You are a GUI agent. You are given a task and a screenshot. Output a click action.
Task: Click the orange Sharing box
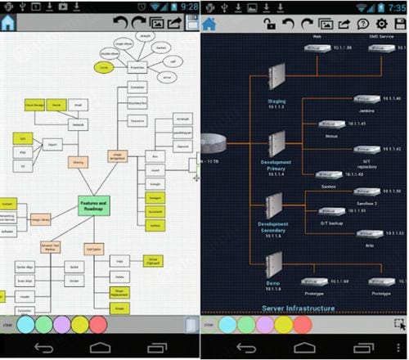click(x=79, y=163)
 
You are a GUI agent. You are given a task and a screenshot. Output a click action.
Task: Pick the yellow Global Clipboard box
click(x=153, y=261)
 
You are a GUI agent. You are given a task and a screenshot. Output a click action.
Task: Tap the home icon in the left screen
click(x=8, y=23)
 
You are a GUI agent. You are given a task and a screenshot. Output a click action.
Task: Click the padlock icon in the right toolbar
click(x=270, y=24)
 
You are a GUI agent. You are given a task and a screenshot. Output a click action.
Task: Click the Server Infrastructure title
click(x=298, y=308)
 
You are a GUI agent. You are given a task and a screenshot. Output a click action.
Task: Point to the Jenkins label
click(x=366, y=109)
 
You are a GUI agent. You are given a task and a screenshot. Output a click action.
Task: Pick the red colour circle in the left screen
click(x=97, y=324)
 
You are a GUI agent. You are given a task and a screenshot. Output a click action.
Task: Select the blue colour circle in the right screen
click(x=227, y=324)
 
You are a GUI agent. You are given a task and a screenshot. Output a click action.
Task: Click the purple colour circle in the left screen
click(x=61, y=324)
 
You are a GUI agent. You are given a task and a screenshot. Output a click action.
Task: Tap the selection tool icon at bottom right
click(x=398, y=324)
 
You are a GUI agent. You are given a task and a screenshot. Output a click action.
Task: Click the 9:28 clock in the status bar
click(x=187, y=6)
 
